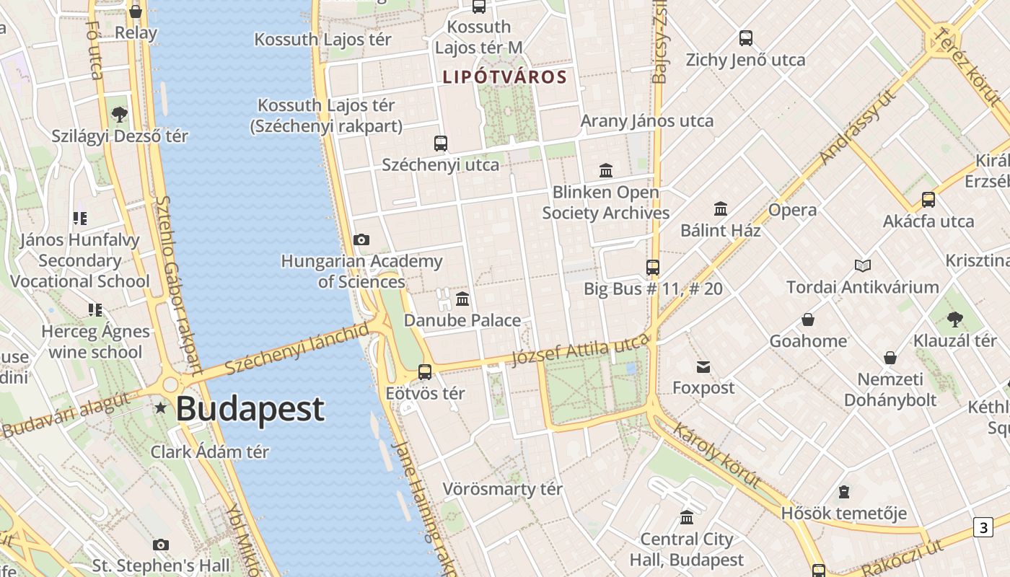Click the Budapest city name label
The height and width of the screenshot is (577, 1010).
(250, 409)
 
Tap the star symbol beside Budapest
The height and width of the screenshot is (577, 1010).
(160, 408)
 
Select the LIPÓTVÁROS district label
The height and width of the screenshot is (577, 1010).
(504, 76)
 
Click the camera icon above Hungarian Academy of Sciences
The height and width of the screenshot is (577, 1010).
(361, 239)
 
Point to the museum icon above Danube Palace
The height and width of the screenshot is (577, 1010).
(462, 299)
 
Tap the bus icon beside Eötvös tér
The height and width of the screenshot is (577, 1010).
(425, 372)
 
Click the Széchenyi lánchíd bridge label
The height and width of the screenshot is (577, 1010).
(297, 350)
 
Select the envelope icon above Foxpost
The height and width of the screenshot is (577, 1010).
(703, 367)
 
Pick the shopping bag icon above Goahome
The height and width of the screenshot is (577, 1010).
(808, 320)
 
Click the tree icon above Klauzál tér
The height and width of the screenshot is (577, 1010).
(955, 319)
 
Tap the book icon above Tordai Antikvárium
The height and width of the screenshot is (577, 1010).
(862, 265)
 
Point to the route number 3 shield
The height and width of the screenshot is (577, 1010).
(983, 527)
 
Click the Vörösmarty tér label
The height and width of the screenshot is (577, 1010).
(502, 489)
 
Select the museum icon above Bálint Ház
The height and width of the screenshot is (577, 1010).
(720, 209)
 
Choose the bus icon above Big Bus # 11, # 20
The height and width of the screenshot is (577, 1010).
(653, 268)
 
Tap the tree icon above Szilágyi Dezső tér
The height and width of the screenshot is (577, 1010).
(120, 115)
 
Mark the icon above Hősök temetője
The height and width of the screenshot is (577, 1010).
(844, 493)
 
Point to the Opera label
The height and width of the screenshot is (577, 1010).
(793, 210)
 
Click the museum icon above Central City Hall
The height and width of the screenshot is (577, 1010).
(687, 517)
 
